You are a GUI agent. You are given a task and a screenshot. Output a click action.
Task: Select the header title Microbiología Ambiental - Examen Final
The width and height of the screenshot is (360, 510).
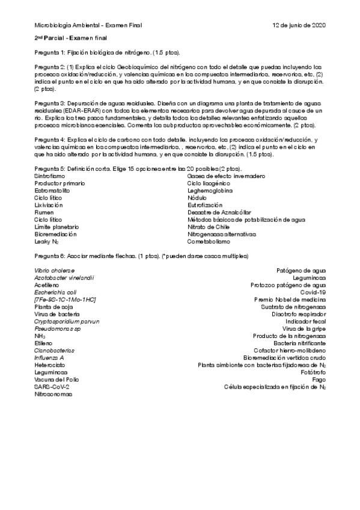coord(88,25)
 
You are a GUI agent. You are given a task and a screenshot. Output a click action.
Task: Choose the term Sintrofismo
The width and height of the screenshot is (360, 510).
coord(48,176)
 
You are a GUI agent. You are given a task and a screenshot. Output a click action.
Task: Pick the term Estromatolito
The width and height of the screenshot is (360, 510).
coord(52,191)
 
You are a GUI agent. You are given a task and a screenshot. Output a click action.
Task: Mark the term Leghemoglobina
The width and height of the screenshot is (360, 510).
coord(210,191)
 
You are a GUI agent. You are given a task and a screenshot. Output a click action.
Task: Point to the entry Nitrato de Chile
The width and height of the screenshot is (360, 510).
coord(209,227)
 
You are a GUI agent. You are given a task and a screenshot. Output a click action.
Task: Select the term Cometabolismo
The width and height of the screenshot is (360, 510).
coord(209,242)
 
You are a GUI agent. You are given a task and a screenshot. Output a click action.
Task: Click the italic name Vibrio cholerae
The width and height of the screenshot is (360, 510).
coord(55,271)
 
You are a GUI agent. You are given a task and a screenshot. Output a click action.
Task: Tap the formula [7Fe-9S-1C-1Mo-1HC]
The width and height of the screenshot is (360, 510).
coord(66,300)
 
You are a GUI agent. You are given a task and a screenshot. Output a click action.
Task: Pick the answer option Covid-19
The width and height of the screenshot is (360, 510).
coord(313,292)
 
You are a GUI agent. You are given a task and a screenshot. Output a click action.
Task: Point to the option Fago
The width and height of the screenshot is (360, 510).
coord(319,379)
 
